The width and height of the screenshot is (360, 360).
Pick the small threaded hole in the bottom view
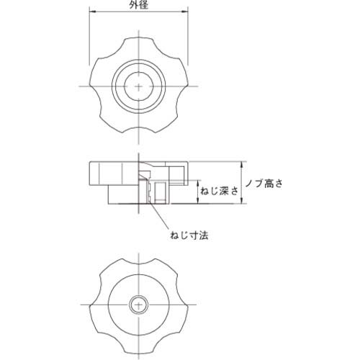tap(138, 305)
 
